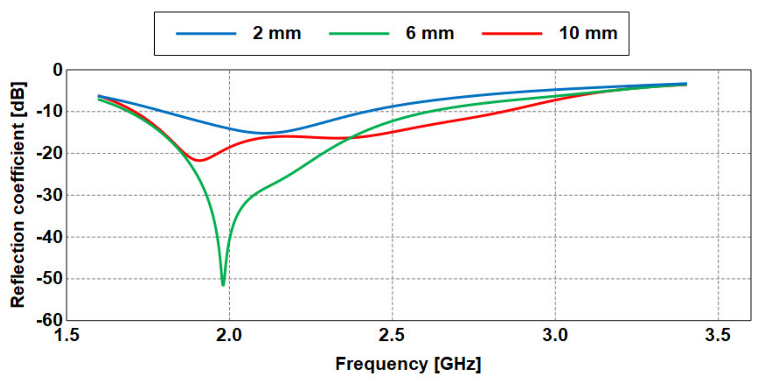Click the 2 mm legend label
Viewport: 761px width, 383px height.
[277, 33]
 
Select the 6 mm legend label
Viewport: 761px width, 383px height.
[430, 33]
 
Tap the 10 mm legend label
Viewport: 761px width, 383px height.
[588, 33]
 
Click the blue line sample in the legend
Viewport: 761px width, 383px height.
[206, 34]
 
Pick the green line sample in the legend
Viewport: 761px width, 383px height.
[359, 34]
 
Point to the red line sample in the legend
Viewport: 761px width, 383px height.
[512, 34]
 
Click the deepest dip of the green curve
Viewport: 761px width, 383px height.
[223, 285]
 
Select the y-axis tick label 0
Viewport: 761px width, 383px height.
[57, 70]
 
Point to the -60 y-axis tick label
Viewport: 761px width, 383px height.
[49, 320]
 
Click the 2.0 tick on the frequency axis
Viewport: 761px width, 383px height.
[229, 335]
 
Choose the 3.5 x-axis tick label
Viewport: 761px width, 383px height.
[718, 335]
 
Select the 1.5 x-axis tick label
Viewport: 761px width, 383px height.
[67, 335]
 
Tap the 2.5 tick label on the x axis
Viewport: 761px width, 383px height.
[392, 335]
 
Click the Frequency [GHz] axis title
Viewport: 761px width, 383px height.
[408, 364]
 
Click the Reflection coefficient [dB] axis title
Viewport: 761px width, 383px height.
[18, 195]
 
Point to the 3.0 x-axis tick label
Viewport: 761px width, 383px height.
[555, 335]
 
